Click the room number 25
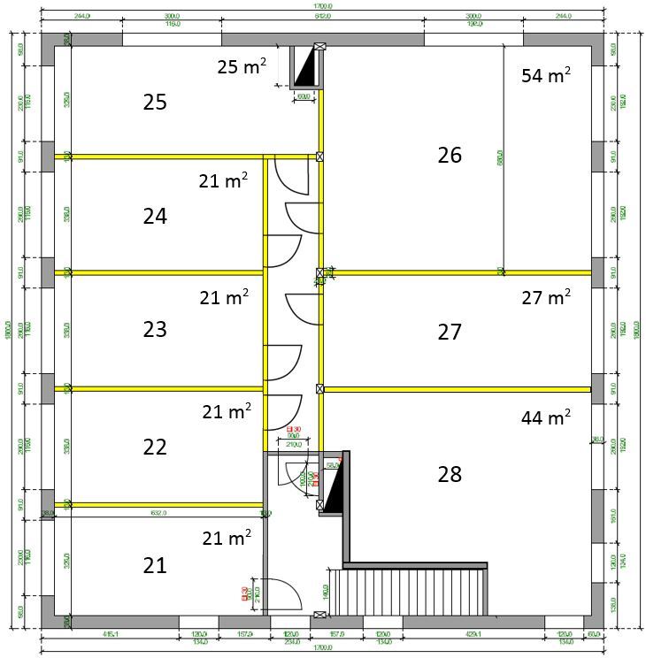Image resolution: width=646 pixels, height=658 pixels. click(155, 103)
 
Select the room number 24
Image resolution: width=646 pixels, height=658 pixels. click(155, 216)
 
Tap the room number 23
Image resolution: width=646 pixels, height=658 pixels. click(155, 330)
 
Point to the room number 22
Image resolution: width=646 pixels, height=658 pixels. click(155, 447)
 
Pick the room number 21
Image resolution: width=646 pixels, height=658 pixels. click(155, 564)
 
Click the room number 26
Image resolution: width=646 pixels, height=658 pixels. click(450, 156)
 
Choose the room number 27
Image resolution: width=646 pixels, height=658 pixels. click(450, 333)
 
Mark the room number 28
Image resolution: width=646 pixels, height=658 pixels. click(450, 475)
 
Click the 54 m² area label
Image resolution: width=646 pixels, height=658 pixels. click(545, 75)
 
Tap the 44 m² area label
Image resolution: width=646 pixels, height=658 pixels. click(545, 415)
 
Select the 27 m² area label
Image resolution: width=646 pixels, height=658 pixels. click(545, 298)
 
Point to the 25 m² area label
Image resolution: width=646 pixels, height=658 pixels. click(242, 66)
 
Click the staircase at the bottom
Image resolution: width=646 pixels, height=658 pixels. click(407, 591)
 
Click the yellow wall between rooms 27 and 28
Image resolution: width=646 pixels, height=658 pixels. click(456, 388)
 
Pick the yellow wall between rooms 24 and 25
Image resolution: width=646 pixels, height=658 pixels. click(159, 157)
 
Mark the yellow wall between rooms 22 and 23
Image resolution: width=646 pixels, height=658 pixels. click(159, 387)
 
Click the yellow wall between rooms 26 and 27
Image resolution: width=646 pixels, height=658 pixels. click(456, 272)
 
